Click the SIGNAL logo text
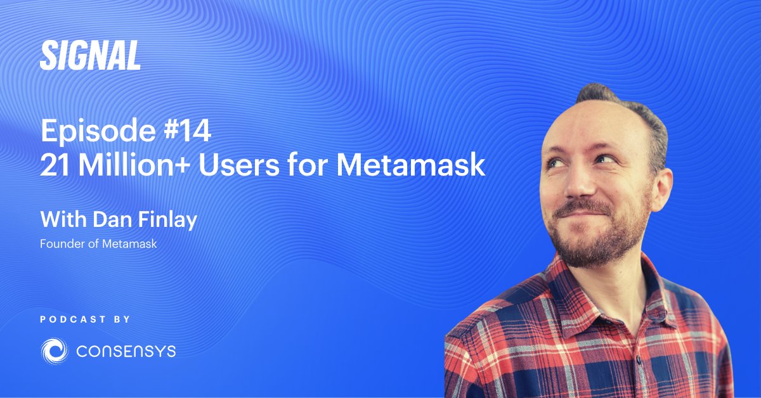coord(90,56)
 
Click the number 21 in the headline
coord(55,166)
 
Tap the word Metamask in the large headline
coord(410,166)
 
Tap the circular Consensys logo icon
coord(55,350)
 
